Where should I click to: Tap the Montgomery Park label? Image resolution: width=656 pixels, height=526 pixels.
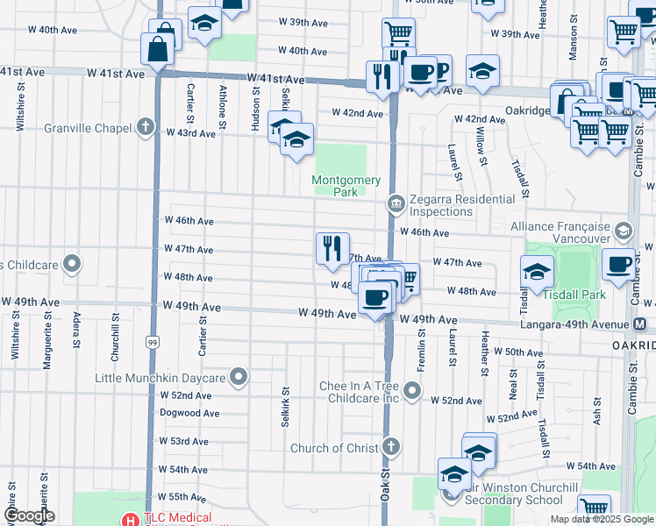click(347, 186)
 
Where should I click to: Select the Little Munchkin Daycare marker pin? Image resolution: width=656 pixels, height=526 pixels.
click(239, 378)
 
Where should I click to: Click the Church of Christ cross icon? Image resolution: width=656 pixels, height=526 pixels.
click(391, 447)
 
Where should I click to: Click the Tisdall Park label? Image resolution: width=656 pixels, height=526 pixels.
click(574, 295)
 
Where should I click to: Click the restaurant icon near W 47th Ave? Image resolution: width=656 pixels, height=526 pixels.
click(332, 248)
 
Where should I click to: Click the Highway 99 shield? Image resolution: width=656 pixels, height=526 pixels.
click(153, 316)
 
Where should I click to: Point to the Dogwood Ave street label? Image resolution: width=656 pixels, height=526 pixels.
click(189, 413)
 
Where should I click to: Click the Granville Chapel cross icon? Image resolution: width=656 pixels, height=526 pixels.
click(146, 129)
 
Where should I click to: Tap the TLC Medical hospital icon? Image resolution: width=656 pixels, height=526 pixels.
click(131, 519)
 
